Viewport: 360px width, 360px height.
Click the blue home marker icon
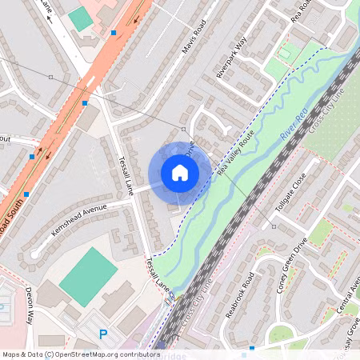coord(180,172)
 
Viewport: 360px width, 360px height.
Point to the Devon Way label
coord(29,304)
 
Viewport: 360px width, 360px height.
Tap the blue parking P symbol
coord(102,334)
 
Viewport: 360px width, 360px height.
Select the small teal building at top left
coord(79,18)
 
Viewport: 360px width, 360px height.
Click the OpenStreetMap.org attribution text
coord(104,354)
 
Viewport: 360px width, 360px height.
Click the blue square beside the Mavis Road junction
coord(114,33)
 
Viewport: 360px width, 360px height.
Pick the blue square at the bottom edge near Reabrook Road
coord(252,348)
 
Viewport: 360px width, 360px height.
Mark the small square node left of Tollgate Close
coord(273,226)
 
